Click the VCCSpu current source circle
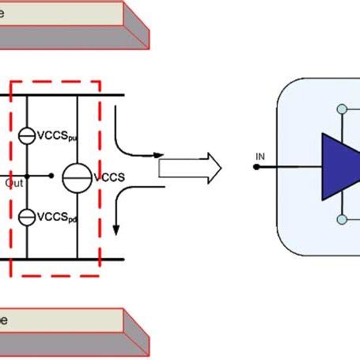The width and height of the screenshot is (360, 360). click(x=27, y=136)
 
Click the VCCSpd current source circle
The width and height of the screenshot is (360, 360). click(x=27, y=215)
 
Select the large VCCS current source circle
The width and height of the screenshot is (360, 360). click(x=77, y=176)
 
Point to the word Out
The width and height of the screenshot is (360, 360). click(x=13, y=183)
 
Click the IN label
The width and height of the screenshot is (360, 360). click(x=259, y=156)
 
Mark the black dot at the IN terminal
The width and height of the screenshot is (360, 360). click(x=259, y=167)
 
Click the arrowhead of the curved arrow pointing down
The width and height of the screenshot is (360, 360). click(x=117, y=229)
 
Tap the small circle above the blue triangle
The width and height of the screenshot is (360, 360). click(x=341, y=109)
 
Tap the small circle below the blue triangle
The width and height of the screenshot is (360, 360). click(x=341, y=220)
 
